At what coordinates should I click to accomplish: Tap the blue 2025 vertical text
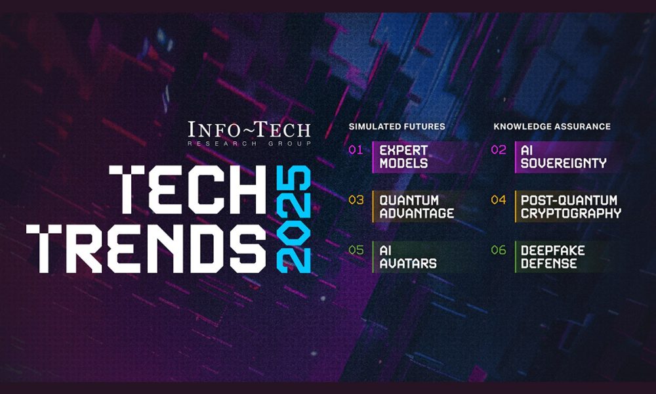tap(294, 219)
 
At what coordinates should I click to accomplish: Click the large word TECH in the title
tap(188, 189)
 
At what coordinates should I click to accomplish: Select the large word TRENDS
tap(146, 248)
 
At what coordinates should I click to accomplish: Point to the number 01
tap(356, 150)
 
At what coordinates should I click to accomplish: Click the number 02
tap(499, 150)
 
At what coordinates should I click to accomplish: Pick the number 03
tap(356, 200)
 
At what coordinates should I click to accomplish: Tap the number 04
tap(499, 200)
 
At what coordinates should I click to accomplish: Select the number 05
tap(356, 250)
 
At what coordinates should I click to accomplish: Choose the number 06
tap(499, 250)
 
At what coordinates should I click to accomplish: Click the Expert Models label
tap(403, 156)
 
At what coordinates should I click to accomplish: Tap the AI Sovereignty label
tap(564, 156)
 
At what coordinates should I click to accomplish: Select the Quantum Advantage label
tap(417, 207)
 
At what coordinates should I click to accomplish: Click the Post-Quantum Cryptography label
tap(571, 207)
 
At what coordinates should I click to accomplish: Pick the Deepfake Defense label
tap(552, 257)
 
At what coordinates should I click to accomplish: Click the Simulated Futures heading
tap(397, 127)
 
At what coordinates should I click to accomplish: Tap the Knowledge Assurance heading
tap(552, 127)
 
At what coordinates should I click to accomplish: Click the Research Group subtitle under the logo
tap(249, 144)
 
